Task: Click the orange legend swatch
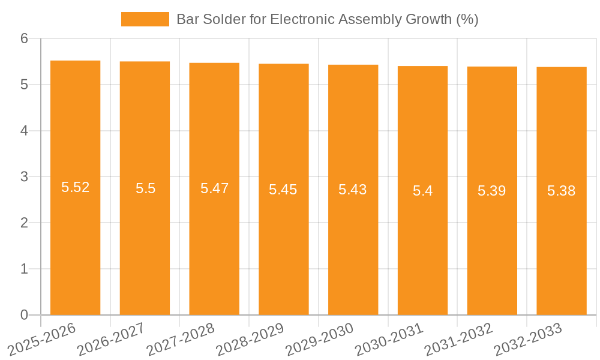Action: click(x=145, y=19)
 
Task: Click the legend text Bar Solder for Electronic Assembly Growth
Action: click(x=327, y=19)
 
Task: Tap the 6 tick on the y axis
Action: click(x=24, y=39)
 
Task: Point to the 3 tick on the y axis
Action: click(x=24, y=177)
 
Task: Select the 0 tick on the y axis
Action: click(x=24, y=315)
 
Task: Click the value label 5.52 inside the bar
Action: click(x=75, y=187)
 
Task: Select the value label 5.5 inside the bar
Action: click(x=145, y=188)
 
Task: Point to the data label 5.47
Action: click(x=214, y=188)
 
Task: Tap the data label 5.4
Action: click(x=422, y=191)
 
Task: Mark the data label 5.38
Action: click(x=561, y=191)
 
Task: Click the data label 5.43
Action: click(x=353, y=190)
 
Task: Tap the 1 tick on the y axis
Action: click(x=24, y=269)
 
